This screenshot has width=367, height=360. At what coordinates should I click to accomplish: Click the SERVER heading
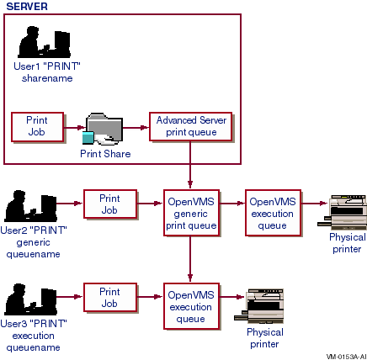27,7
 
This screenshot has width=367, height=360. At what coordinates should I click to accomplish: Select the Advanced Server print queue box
191,126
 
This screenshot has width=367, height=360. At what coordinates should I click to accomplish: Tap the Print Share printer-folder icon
103,129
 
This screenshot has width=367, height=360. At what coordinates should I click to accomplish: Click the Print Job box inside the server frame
37,127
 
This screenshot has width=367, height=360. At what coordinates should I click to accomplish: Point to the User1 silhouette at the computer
44,42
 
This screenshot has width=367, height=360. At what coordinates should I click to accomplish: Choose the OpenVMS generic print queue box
191,213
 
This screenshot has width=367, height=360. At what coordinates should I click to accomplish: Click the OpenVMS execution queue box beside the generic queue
273,213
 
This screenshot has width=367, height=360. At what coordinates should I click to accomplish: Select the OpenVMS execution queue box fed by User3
191,306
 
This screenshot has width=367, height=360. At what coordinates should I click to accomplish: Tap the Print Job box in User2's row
110,204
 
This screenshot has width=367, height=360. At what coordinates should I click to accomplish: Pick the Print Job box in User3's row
110,298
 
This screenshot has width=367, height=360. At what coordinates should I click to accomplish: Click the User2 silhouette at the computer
30,206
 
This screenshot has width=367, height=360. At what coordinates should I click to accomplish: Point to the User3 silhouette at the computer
30,299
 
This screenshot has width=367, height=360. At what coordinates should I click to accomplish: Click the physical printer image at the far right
342,212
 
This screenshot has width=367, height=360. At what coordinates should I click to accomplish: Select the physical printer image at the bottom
259,306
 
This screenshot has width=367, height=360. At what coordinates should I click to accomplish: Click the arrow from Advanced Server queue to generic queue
190,165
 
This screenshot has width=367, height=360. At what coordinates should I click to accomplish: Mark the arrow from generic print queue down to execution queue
190,258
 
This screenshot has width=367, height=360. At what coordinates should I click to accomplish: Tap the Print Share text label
105,154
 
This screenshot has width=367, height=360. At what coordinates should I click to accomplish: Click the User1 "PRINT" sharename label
47,72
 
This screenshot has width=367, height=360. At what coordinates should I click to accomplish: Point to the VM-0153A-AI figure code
346,357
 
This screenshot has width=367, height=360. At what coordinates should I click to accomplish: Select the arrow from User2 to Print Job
69,204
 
